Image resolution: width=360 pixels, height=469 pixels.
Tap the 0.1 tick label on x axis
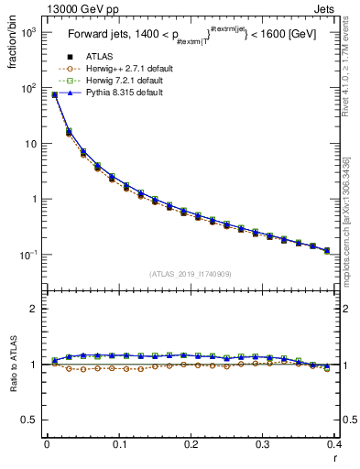coord(119,444)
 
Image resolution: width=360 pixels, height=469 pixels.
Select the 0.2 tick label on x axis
coord(191,444)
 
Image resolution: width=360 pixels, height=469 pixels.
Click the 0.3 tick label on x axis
coord(263,444)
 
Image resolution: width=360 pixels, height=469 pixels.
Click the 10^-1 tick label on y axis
coord(28,256)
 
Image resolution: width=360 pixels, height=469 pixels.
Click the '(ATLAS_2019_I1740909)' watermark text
coord(190,274)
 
